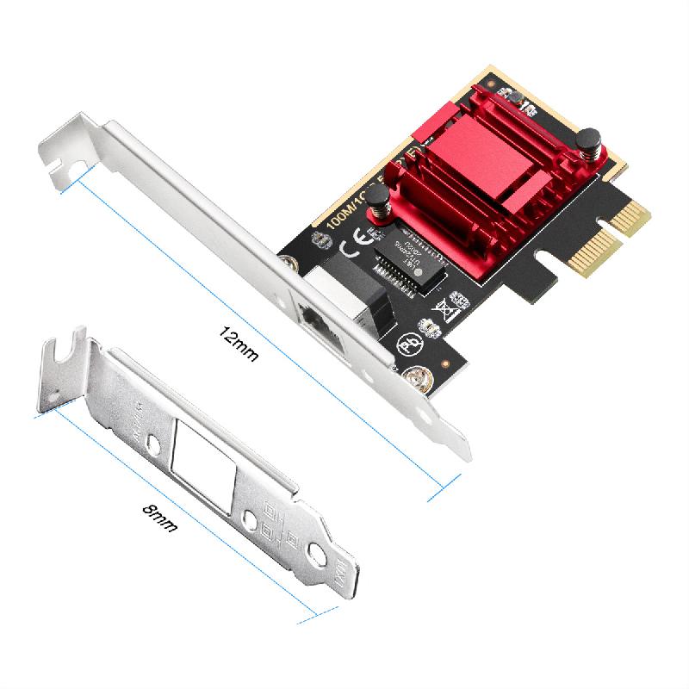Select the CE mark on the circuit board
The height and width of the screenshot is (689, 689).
pos(353,251)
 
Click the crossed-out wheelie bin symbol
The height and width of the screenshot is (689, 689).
pos(449,304)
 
